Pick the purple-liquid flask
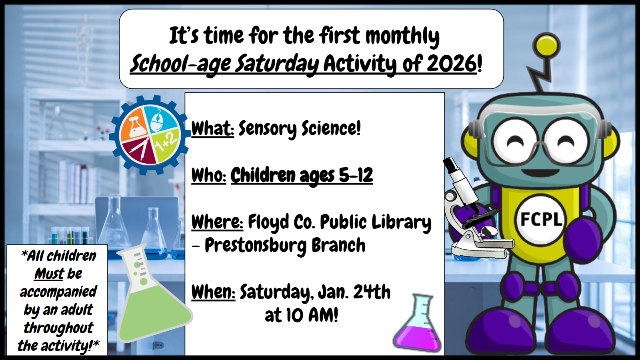tap(418, 323)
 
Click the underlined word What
tap(212, 128)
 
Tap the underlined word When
tap(213, 292)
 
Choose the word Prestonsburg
tap(256, 246)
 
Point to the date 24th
tap(372, 292)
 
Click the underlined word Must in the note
tap(49, 274)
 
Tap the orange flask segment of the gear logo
tap(134, 125)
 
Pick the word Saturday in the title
tap(276, 64)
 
